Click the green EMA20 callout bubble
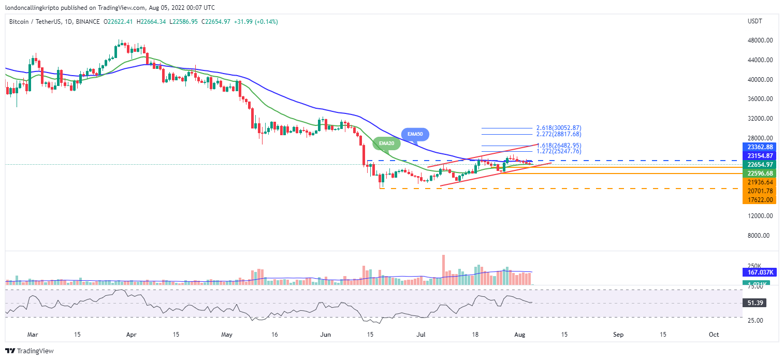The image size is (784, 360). click(x=387, y=143)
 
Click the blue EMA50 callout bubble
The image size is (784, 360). click(x=415, y=134)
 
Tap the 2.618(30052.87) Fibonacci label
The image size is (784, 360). click(x=559, y=127)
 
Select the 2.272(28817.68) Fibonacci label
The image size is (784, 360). click(x=559, y=134)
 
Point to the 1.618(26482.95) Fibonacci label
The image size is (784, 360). click(x=559, y=146)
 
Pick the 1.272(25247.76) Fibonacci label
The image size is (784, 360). click(x=559, y=151)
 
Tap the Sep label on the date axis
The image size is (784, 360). click(x=618, y=335)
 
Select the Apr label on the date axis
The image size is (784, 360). click(x=130, y=335)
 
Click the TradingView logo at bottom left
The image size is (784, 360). click(x=30, y=351)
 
